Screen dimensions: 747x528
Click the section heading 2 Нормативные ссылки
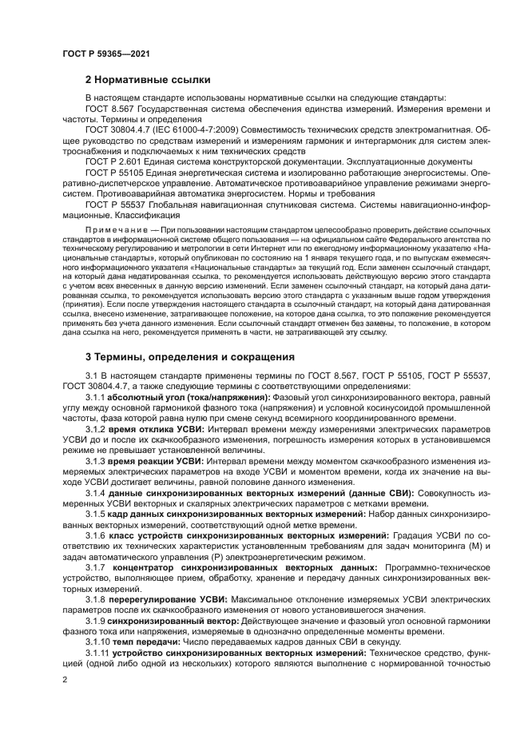click(148, 80)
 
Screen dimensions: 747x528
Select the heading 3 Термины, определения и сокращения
click(189, 356)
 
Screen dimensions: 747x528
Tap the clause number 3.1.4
click(95, 493)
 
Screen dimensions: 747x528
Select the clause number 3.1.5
click(95, 514)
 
